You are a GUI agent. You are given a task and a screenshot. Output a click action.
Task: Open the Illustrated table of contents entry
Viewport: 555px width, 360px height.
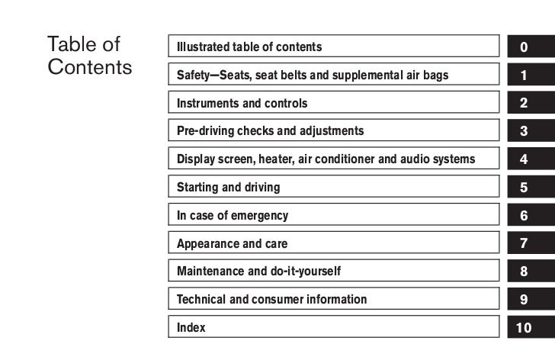249,47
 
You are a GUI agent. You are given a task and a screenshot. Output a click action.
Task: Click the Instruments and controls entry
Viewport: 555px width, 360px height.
242,103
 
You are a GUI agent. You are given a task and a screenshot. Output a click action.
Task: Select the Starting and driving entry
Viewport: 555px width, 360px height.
228,188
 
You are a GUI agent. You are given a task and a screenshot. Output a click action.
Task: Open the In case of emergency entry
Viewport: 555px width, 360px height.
233,216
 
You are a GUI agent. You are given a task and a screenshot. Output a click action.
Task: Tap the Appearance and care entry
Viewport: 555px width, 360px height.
232,244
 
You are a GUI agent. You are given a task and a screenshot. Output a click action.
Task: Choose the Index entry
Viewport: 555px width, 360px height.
191,328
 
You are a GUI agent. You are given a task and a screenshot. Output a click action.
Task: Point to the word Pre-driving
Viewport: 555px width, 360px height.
205,131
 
